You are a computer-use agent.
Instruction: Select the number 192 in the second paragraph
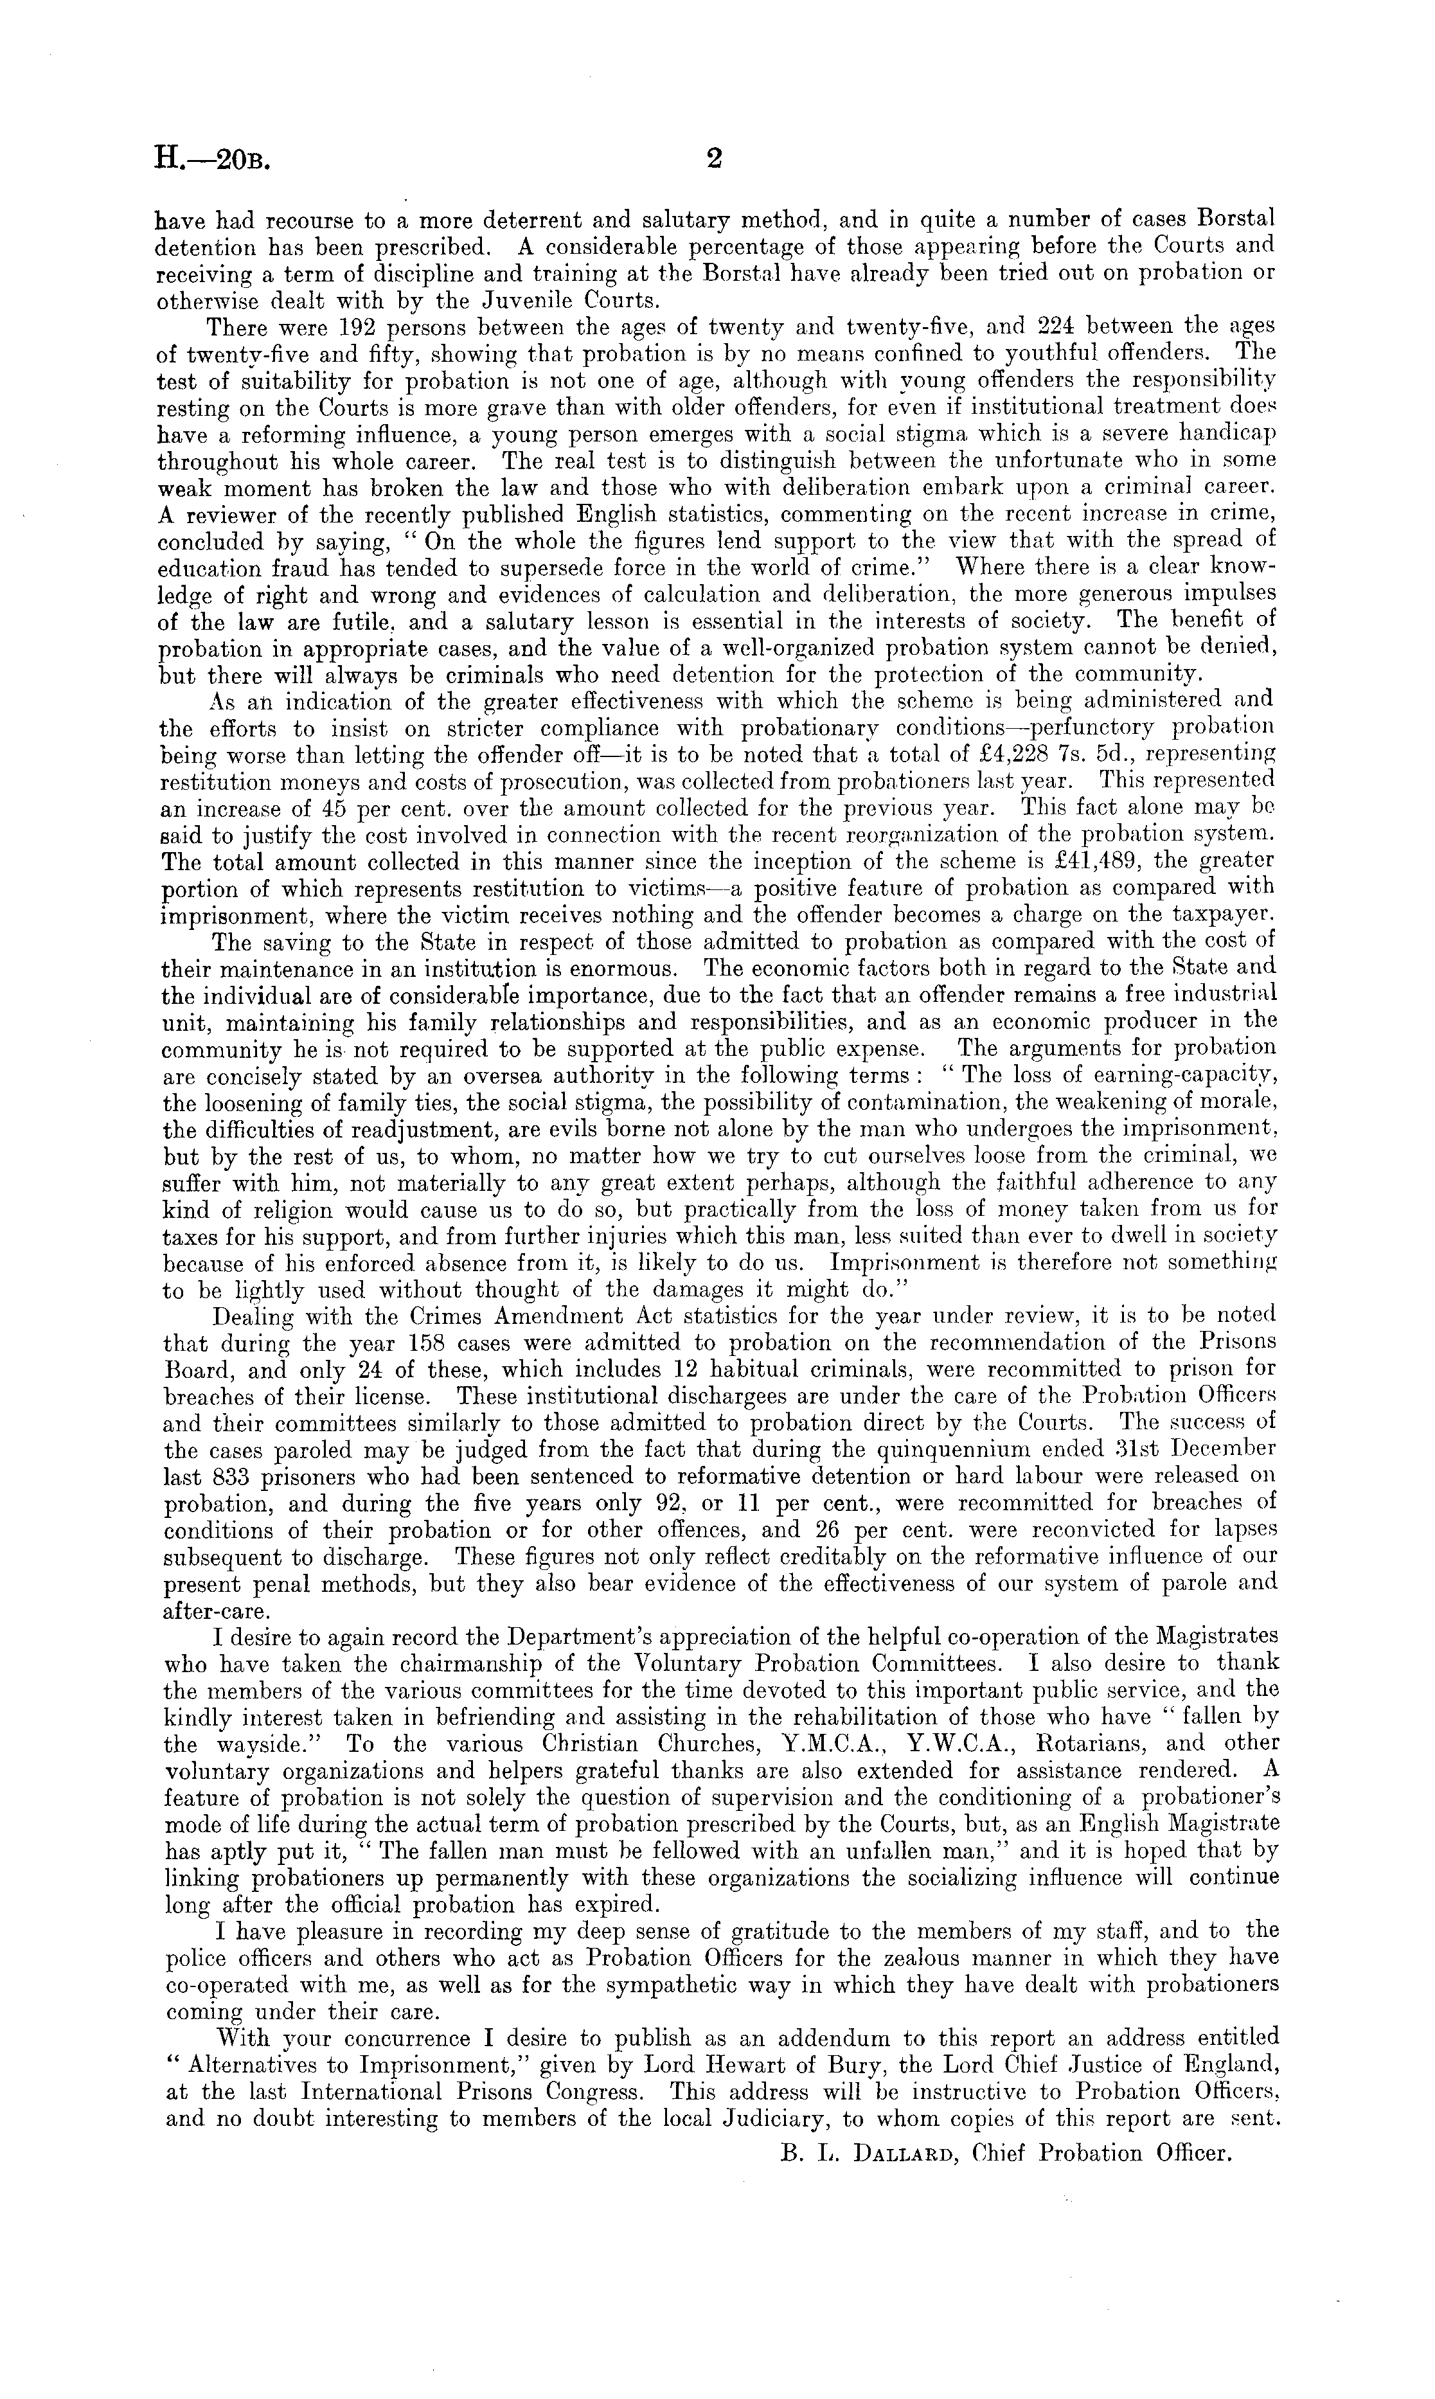[330, 327]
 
